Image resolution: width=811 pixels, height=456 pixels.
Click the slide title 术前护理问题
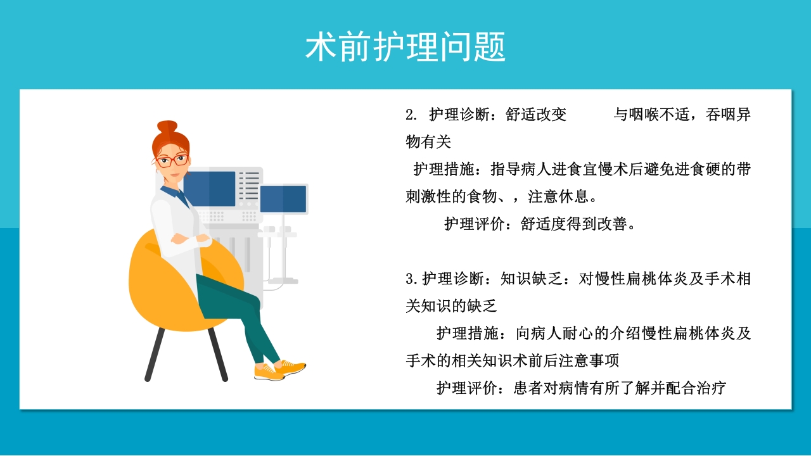(405, 47)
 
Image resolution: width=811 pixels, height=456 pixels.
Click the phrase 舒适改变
(536, 115)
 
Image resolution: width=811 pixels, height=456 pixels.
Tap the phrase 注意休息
(559, 196)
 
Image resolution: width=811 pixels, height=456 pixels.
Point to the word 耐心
(578, 333)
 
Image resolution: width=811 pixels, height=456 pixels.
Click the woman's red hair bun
(167, 127)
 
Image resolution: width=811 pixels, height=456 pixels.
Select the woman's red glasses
(172, 160)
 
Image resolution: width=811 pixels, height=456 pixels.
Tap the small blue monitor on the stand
(283, 199)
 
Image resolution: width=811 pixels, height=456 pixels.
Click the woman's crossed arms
(190, 239)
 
